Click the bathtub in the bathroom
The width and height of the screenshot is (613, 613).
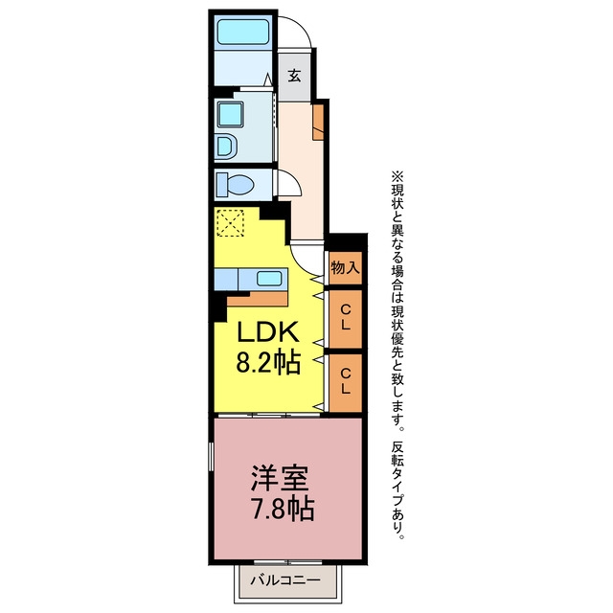242,32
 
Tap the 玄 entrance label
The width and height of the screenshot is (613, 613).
294,75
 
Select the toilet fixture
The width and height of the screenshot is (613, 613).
235,184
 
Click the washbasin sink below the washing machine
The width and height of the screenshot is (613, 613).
226,147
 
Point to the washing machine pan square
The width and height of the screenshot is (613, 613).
230,115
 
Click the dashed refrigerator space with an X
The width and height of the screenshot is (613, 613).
230,223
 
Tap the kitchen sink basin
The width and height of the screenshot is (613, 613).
269,279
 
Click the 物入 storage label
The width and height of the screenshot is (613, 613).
345,268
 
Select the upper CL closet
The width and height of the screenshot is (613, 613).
345,319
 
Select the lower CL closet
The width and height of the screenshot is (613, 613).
345,383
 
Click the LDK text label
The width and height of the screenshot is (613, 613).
268,333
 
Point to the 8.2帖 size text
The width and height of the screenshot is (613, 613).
268,362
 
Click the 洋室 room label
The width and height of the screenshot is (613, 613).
280,478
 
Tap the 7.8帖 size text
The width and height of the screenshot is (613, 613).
284,509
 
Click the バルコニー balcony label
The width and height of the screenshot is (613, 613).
285,579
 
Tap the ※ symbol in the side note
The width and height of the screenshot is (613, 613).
398,177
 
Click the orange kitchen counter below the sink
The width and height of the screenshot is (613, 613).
258,299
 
